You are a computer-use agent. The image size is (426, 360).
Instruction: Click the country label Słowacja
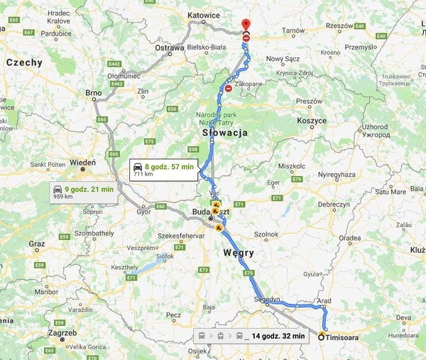pyautogui.click(x=223, y=133)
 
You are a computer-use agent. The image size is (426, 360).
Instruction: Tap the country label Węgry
pyautogui.click(x=238, y=253)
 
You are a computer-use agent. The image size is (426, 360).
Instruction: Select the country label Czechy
pyautogui.click(x=24, y=62)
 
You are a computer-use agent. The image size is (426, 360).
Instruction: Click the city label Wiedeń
pyautogui.click(x=82, y=162)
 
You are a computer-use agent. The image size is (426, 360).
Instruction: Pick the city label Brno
pyautogui.click(x=93, y=92)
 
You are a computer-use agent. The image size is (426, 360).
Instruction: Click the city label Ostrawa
pyautogui.click(x=169, y=48)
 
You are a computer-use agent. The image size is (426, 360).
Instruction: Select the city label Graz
pyautogui.click(x=37, y=244)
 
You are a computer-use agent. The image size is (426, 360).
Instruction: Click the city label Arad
pyautogui.click(x=324, y=301)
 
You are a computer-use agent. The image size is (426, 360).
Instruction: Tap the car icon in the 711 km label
pyautogui.click(x=138, y=166)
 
